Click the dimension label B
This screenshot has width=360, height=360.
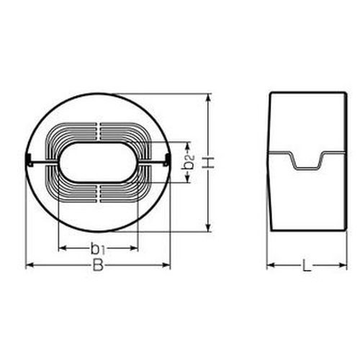click(98, 265)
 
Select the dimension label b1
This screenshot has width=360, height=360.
click(98, 248)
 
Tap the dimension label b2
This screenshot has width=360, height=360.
click(189, 162)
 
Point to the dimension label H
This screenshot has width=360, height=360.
click(209, 163)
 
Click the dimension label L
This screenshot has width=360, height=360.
click(307, 266)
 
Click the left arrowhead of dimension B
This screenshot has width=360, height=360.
click(30, 265)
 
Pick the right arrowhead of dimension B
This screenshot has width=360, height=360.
click(166, 265)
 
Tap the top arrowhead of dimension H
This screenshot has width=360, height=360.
click(209, 98)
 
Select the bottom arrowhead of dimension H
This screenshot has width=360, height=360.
click(209, 228)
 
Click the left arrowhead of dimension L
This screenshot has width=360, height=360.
click(271, 265)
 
